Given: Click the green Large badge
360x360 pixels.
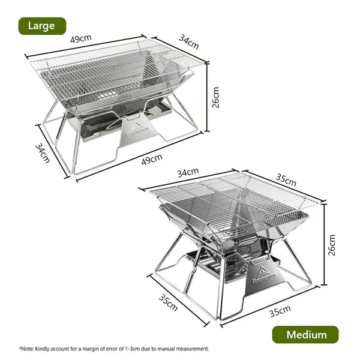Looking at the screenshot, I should (x=41, y=26).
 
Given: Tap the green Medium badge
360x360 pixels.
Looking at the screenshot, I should (x=305, y=335).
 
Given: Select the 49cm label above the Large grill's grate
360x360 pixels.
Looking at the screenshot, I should (x=81, y=38).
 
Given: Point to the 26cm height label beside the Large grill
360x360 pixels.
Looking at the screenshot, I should (x=216, y=97).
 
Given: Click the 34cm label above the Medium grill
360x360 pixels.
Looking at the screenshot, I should (x=187, y=172).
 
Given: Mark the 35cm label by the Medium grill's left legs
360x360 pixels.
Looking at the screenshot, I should (x=169, y=304).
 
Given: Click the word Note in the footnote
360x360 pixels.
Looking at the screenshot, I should (x=26, y=349).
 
